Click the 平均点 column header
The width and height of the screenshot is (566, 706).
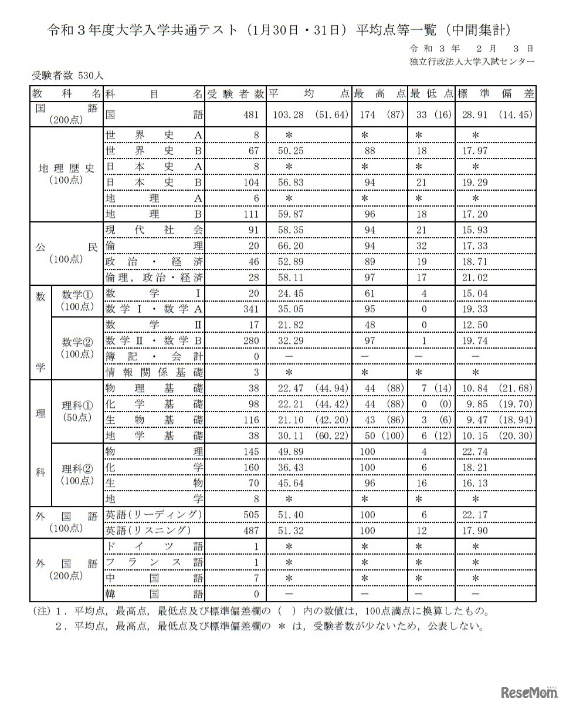[x=309, y=94]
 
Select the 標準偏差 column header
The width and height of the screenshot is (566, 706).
[x=495, y=94]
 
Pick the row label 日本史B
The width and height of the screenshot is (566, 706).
[x=154, y=183]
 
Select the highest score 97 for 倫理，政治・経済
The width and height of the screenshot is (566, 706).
[x=370, y=277]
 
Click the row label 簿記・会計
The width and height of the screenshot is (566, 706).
[x=154, y=356]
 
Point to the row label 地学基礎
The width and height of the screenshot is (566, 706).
[x=154, y=435]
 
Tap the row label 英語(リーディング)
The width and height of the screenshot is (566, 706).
[x=154, y=515]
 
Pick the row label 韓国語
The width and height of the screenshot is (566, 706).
[x=154, y=594]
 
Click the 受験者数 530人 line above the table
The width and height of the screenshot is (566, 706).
[x=68, y=76]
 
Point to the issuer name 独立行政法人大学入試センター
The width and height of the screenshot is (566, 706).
[x=472, y=62]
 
